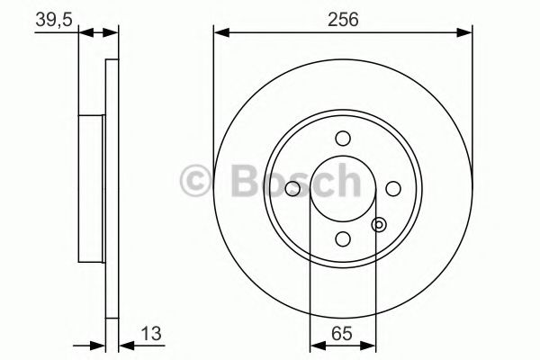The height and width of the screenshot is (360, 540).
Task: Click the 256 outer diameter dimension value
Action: (343, 19)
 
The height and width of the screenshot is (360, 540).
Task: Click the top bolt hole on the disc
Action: (342, 138)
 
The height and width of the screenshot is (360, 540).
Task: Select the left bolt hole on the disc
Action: (292, 189)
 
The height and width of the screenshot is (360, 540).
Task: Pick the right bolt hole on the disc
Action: (392, 188)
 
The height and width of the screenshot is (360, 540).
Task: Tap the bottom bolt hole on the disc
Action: (342, 238)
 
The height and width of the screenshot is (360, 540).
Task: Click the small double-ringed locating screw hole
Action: (379, 225)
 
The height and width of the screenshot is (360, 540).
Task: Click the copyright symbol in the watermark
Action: (196, 181)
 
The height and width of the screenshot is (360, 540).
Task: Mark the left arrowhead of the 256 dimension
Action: (220, 34)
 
